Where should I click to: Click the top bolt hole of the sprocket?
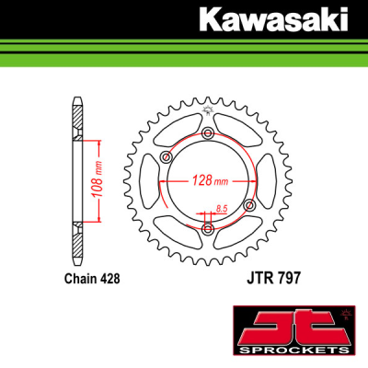click(207, 134)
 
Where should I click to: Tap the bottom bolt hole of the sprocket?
click(207, 226)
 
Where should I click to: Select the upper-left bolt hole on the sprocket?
click(166, 158)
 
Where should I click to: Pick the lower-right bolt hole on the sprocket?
click(248, 203)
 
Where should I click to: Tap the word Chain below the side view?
click(80, 275)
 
